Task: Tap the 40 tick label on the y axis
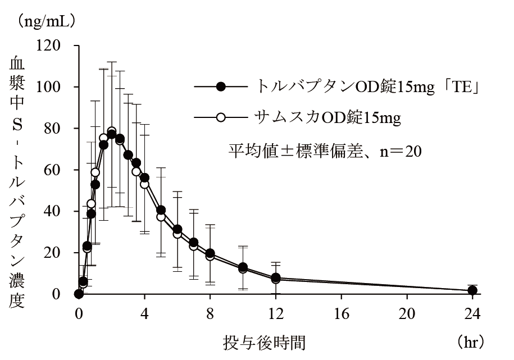[x=56, y=211]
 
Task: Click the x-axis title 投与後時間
[x=264, y=341]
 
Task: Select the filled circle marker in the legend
[x=221, y=86]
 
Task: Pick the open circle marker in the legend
[x=221, y=117]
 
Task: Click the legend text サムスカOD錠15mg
[x=328, y=117]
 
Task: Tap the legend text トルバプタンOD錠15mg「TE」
[x=367, y=86]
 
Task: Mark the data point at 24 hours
[x=472, y=290]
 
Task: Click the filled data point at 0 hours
[x=79, y=294]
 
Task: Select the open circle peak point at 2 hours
[x=111, y=131]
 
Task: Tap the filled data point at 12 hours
[x=276, y=277]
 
